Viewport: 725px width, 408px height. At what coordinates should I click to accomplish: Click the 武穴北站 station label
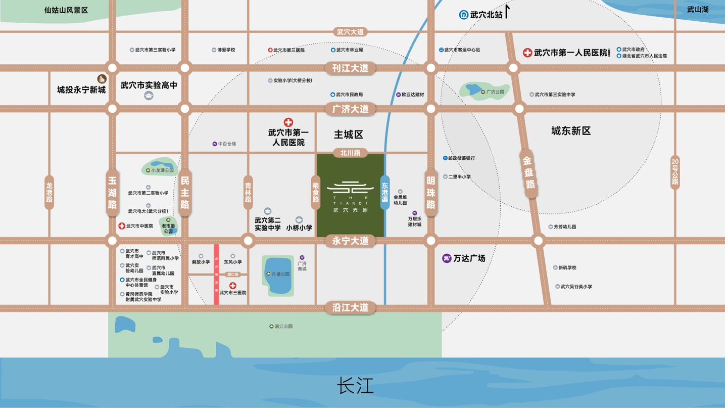(x=486, y=15)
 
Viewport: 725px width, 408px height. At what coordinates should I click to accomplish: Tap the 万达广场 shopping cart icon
(x=447, y=258)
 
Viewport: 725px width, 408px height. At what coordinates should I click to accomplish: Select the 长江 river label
(x=355, y=386)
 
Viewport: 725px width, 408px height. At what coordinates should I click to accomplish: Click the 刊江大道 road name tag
(x=350, y=68)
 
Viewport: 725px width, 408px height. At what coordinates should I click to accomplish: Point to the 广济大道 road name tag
(x=350, y=109)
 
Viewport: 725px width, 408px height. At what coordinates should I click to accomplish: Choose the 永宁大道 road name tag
(x=350, y=241)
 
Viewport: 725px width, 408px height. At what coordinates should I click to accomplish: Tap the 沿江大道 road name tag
(x=350, y=307)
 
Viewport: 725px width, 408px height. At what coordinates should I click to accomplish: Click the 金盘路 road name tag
(x=528, y=172)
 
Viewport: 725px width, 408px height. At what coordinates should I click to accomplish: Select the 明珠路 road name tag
(x=430, y=193)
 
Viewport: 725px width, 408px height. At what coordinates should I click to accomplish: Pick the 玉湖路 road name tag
(x=112, y=193)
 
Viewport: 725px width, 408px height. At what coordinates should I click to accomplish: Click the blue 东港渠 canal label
(x=385, y=193)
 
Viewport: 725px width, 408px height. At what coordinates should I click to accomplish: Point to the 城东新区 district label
(x=571, y=131)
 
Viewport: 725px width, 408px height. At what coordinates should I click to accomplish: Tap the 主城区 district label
(x=349, y=134)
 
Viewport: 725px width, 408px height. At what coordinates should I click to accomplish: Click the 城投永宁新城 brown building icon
(x=102, y=79)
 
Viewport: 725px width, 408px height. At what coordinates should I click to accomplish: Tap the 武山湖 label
(x=698, y=10)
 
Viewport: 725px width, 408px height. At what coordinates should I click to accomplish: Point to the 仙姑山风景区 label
(x=66, y=10)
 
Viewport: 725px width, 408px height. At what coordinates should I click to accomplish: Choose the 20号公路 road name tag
(x=675, y=172)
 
